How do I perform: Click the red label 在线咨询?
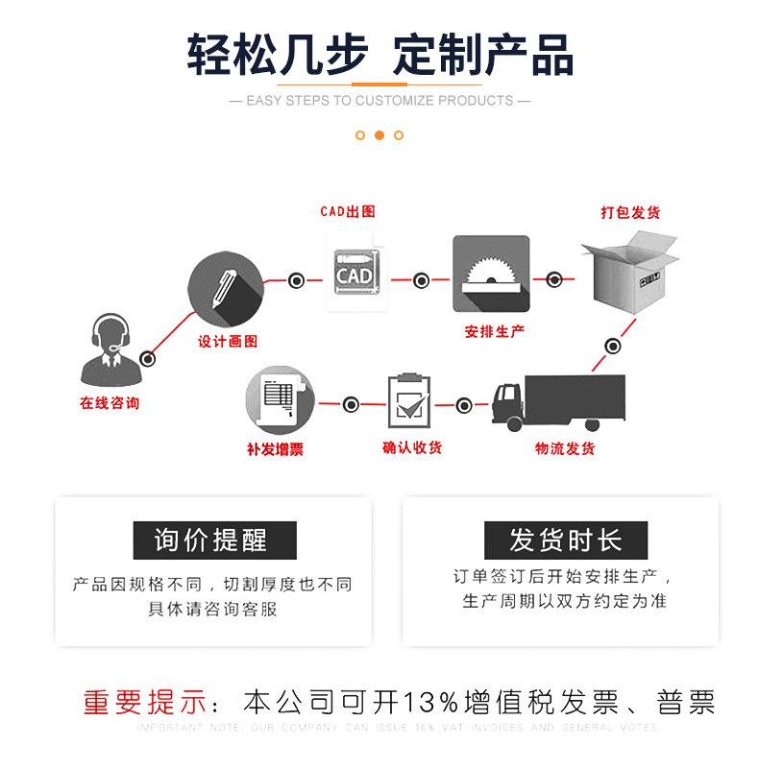point(110,403)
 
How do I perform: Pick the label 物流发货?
point(565,448)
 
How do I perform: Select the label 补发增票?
point(275,449)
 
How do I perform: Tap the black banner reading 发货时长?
point(565,541)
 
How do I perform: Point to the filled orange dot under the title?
point(379,135)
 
